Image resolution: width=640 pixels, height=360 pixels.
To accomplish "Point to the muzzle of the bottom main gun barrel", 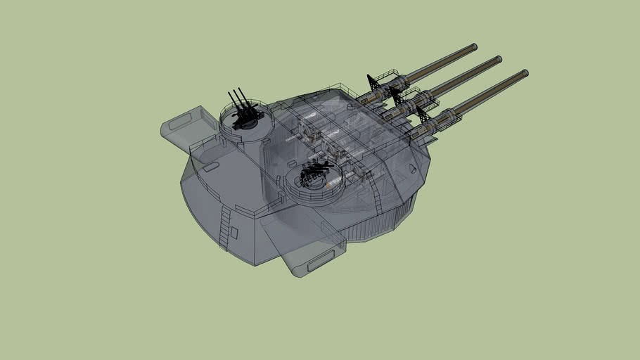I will click(524, 73).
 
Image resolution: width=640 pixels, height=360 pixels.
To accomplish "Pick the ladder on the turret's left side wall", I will click(224, 228).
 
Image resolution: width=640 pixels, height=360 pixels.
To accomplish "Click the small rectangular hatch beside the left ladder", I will click(235, 231).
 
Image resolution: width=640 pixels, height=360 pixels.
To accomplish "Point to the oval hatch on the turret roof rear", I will click(210, 167).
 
